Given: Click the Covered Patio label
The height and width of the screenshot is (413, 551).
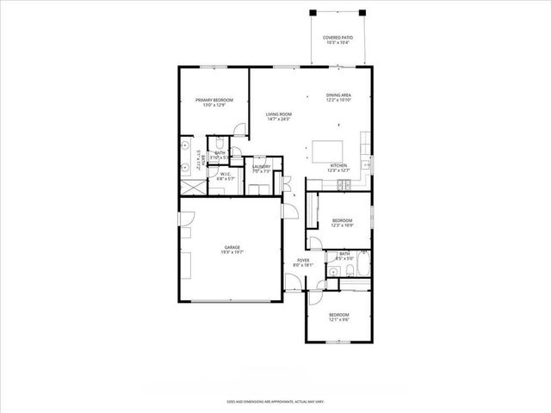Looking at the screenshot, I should tap(337, 38).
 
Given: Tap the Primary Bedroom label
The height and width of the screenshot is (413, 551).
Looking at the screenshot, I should tap(214, 101).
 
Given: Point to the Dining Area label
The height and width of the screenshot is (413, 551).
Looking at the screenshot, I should tap(338, 96).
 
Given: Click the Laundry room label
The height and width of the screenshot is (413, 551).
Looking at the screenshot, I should tap(262, 167).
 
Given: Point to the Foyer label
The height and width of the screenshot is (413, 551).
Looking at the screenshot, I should tap(303, 260).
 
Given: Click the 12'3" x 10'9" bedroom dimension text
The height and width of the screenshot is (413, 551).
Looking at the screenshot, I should tap(343, 226).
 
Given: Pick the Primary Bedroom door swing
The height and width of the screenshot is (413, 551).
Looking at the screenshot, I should tap(242, 130).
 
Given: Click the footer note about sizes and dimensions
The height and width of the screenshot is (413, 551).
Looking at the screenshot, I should tap(275, 401).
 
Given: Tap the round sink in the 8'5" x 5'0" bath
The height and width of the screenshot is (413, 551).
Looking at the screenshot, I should tap(331, 273).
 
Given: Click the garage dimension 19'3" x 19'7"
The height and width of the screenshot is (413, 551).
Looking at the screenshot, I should tap(232, 251).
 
